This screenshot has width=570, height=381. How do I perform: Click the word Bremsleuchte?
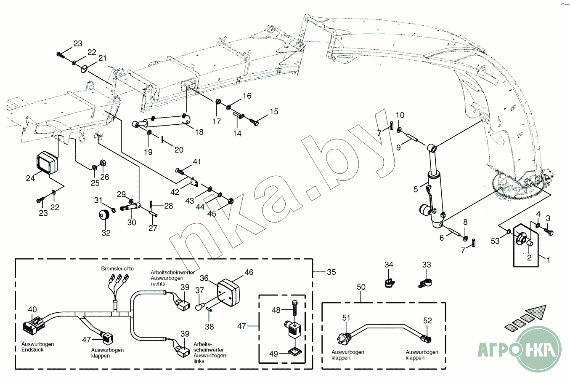117,268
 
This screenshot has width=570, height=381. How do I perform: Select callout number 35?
331,272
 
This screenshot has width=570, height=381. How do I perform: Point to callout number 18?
199,132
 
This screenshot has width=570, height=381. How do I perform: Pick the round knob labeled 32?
103,216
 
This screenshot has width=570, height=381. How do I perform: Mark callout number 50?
361,287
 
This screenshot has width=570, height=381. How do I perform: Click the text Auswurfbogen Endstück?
38,347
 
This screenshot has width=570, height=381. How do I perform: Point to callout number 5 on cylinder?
416,189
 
